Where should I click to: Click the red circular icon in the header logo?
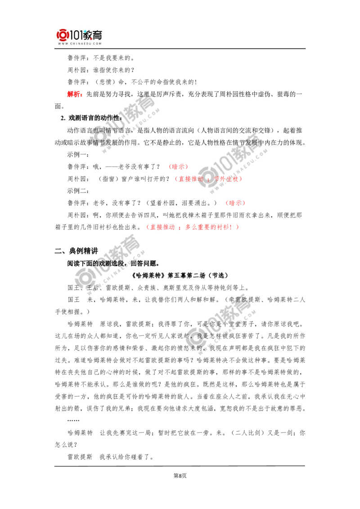pos(61,35)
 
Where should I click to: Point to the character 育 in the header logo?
pos(98,34)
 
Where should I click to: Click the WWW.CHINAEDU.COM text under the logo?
pos(79,44)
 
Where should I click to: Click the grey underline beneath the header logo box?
pos(79,49)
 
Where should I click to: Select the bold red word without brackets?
pos(74,94)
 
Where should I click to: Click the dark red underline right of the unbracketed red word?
pos(94,98)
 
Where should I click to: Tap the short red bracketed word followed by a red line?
pos(235,203)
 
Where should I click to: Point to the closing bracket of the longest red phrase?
pos(238,227)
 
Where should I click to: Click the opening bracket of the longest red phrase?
pos(148,227)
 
